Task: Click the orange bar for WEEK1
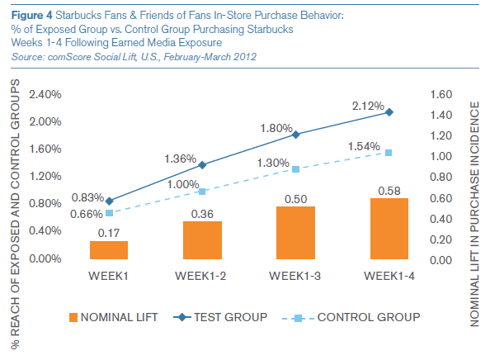coord(109,250)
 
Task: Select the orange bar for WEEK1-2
coord(202,240)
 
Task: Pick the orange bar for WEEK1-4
coord(389,229)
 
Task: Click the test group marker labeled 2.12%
coord(389,112)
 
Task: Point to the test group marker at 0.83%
coord(109,201)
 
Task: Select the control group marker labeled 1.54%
coord(389,153)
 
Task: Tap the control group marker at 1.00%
coord(202,192)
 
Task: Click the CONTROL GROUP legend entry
coord(364,317)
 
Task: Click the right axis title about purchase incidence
coord(476,206)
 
